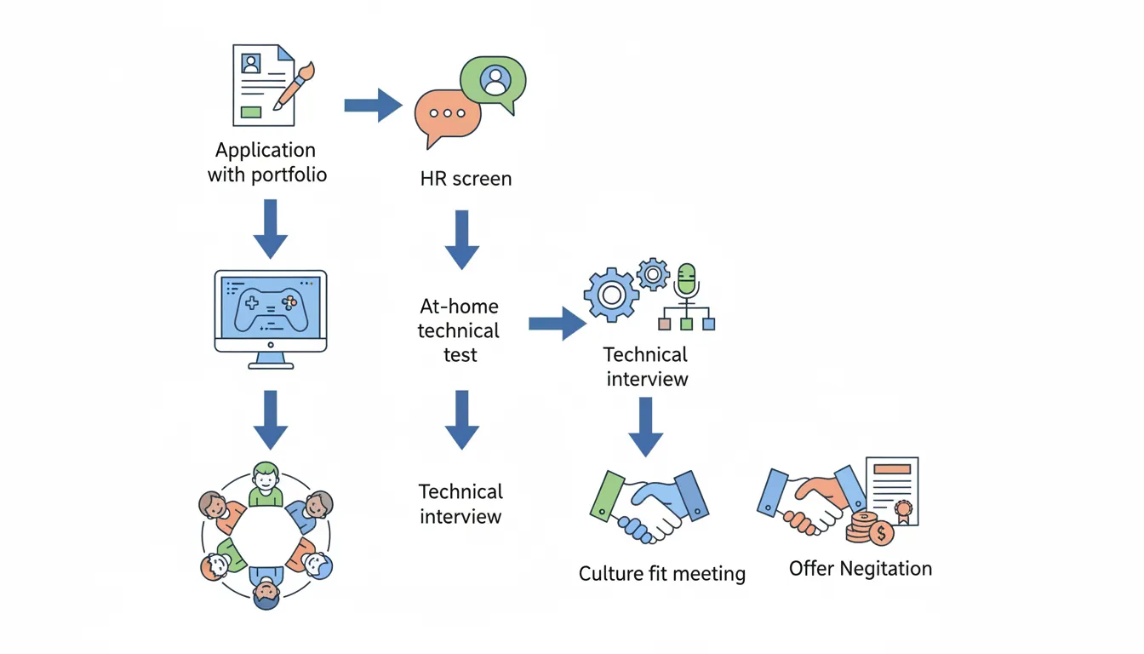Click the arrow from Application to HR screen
coord(373,106)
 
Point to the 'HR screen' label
coord(466,179)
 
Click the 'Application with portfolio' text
coord(266,163)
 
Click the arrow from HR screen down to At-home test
coord(462,239)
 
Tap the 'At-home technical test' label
coord(460,330)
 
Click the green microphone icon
coord(686,279)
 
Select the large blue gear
coord(610,295)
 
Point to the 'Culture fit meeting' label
coord(661,574)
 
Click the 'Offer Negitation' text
coord(860,569)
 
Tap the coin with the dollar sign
coord(880,534)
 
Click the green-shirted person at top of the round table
coord(266,483)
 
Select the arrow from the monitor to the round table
coord(271,419)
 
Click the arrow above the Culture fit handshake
coord(646,426)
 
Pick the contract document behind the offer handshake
coord(893,490)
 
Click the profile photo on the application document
coord(251,63)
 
